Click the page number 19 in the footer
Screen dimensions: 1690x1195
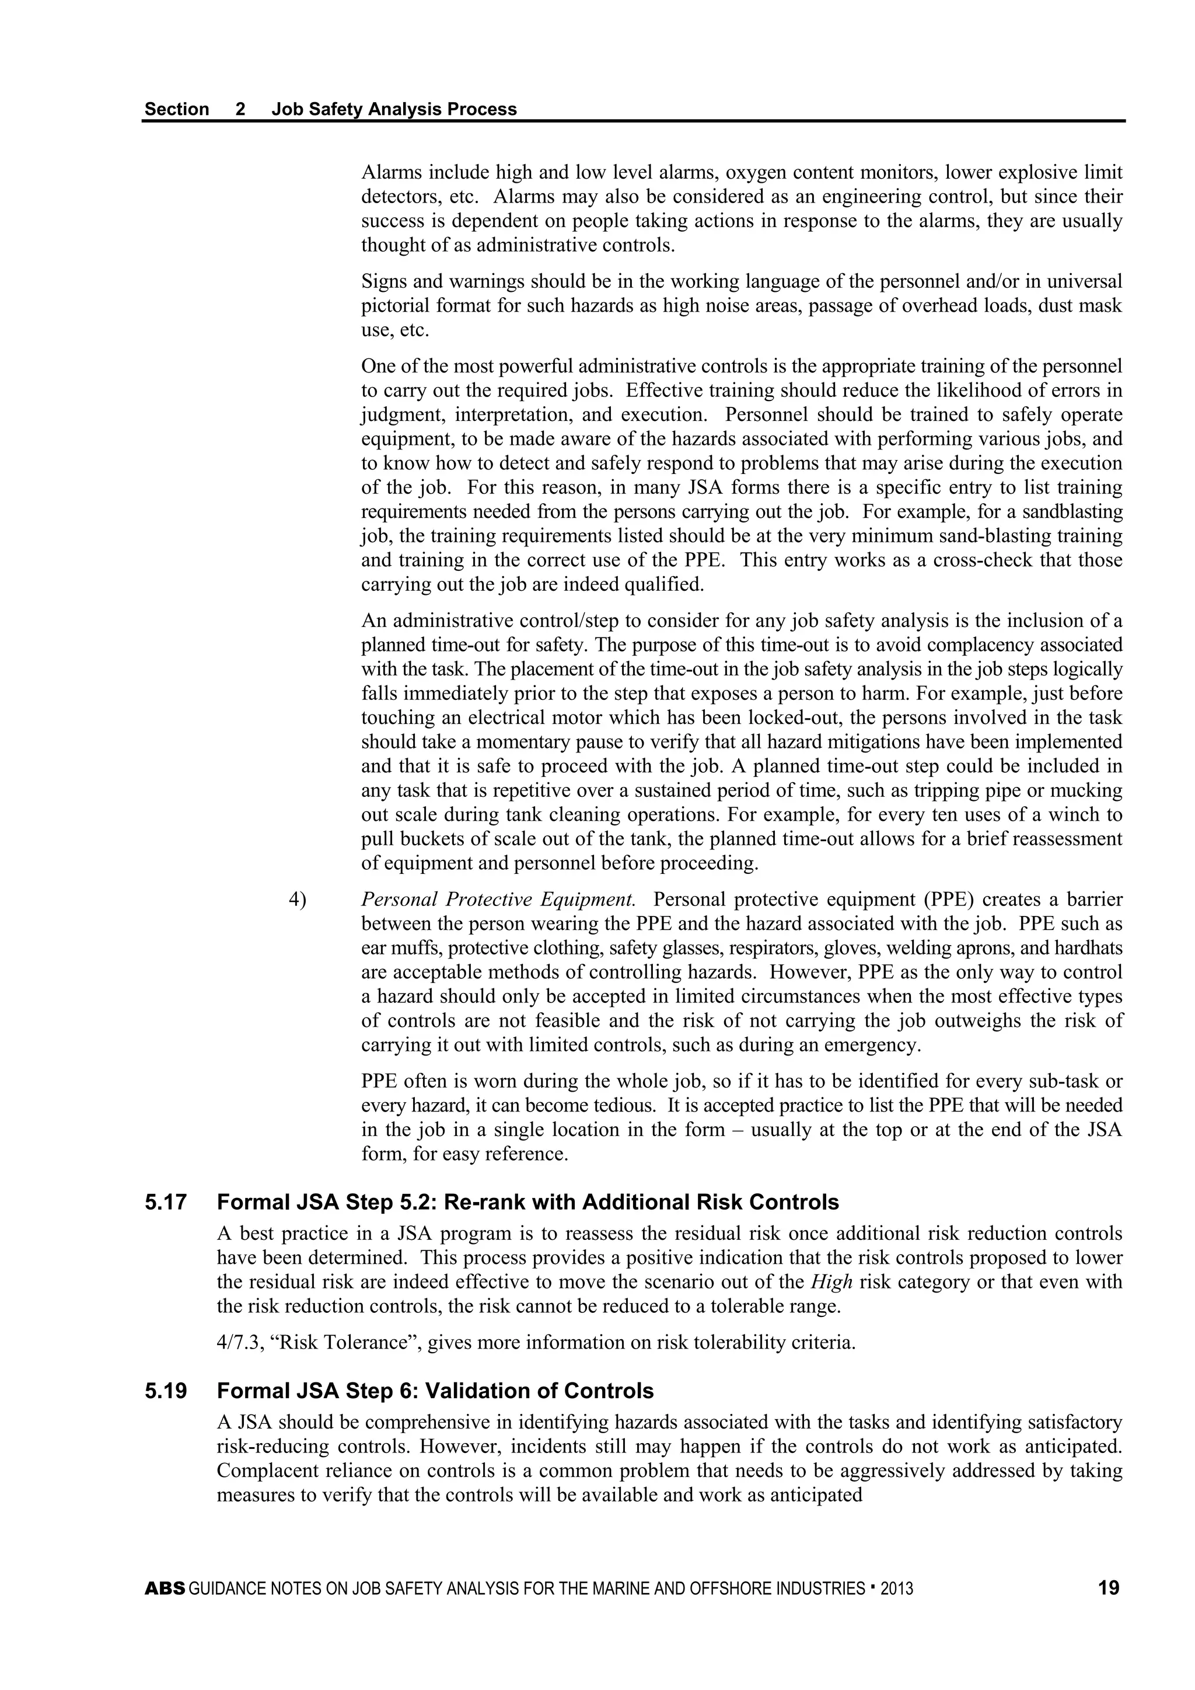[x=1108, y=1588]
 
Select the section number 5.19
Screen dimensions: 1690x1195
[x=166, y=1391]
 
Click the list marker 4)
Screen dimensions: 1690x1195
[x=296, y=900]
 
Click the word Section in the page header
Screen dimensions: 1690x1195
[x=177, y=109]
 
